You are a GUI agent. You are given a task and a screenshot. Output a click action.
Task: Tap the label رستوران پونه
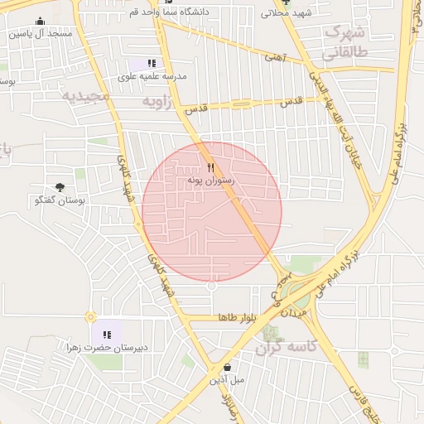pos(211,180)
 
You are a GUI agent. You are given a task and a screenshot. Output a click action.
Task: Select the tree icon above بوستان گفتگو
pos(60,188)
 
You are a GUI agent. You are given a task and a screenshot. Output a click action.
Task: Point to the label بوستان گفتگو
pos(61,200)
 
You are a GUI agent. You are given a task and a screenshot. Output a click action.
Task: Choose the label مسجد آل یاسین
pos(41,35)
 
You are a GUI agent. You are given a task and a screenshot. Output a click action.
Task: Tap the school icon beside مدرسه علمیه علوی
pos(151,63)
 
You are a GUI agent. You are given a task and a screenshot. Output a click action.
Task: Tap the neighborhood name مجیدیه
pos(86,96)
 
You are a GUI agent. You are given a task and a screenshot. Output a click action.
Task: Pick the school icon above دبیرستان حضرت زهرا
pos(107,335)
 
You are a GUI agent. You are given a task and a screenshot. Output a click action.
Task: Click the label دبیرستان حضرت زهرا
pos(108,348)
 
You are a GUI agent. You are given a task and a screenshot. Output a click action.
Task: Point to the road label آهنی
pos(274,58)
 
